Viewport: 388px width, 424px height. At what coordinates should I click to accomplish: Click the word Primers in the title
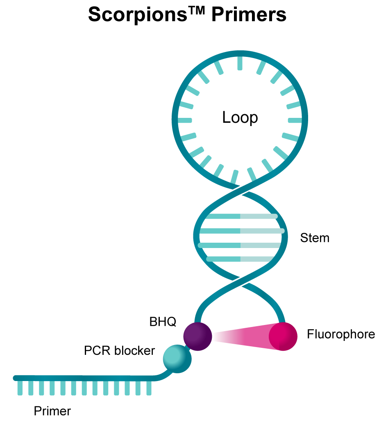[249, 16]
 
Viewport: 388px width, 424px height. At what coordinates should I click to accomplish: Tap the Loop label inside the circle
[240, 118]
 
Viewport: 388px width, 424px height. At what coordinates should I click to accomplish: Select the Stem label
[315, 238]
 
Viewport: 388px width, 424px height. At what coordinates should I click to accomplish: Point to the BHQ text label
[163, 322]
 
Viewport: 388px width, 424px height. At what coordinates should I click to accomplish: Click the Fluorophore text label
[341, 334]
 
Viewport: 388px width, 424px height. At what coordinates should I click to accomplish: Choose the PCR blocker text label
[120, 351]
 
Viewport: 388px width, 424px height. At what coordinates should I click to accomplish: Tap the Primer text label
[52, 411]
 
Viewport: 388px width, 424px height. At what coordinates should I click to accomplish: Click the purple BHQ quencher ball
[197, 336]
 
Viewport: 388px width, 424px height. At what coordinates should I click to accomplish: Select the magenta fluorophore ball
[283, 336]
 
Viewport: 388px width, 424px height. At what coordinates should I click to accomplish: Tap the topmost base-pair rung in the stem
[242, 216]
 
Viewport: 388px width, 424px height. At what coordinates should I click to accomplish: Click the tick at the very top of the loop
[240, 62]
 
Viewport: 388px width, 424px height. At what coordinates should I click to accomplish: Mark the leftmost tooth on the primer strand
[20, 388]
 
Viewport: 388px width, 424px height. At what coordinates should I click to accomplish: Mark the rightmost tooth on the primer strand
[148, 388]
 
